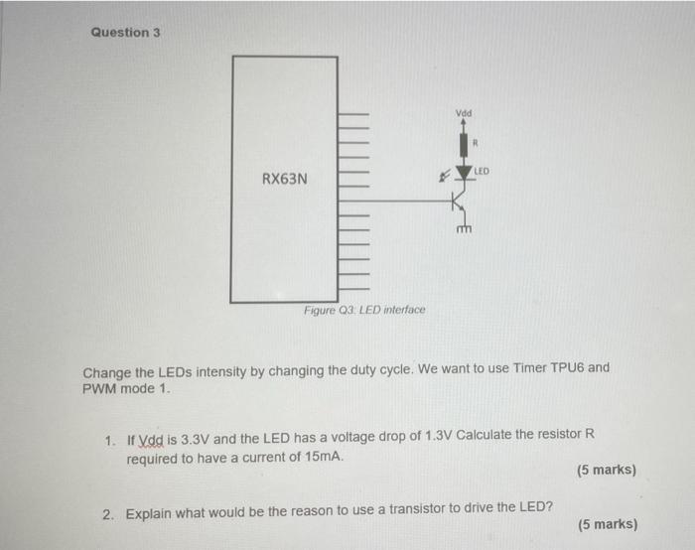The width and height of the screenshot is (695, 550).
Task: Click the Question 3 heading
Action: click(x=125, y=33)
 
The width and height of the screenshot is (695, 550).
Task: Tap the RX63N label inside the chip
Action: click(x=285, y=179)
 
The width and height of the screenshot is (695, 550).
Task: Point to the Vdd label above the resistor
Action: click(x=464, y=113)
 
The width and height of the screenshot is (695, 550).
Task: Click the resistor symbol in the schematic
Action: click(x=464, y=145)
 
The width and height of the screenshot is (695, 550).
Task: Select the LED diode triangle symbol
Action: click(x=464, y=173)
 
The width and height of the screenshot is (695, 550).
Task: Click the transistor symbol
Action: click(x=459, y=203)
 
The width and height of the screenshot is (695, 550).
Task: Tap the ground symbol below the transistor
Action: click(x=464, y=229)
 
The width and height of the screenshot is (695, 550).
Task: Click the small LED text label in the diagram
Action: click(x=482, y=171)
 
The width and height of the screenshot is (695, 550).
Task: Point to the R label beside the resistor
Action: click(x=476, y=143)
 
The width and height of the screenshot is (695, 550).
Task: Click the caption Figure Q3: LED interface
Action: click(x=364, y=310)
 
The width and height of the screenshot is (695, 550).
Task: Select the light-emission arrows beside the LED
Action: click(x=444, y=175)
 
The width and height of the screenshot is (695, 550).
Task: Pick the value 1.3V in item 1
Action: click(x=439, y=436)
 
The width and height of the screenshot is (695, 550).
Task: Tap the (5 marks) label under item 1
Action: click(x=607, y=470)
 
